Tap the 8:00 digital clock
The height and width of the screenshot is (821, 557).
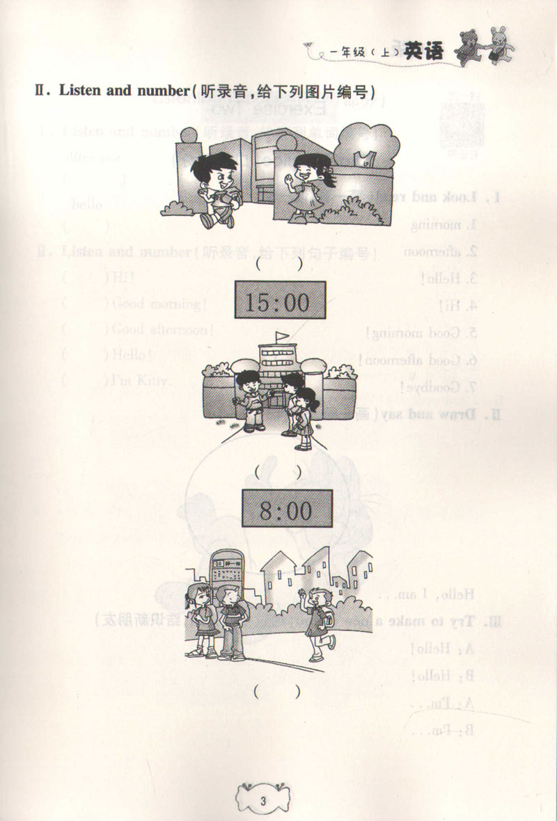[x=286, y=509]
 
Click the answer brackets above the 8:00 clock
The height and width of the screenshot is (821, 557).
[x=278, y=472]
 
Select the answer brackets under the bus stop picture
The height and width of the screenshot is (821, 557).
[x=278, y=692]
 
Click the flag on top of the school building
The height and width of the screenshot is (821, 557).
[x=280, y=337]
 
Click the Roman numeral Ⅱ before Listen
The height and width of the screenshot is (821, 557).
[x=42, y=91]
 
